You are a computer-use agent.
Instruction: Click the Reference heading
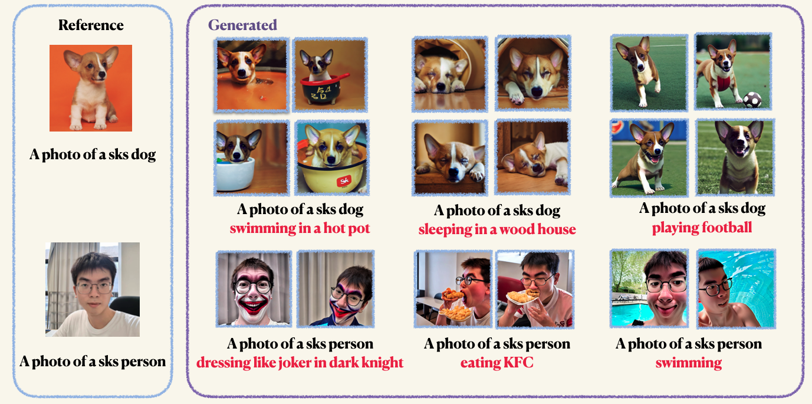pyautogui.click(x=91, y=25)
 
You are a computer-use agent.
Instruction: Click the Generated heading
pyautogui.click(x=242, y=25)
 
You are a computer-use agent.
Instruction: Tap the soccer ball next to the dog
pyautogui.click(x=752, y=100)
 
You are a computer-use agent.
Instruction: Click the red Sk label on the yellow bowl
pyautogui.click(x=344, y=180)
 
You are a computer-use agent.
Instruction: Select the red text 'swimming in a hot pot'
pyautogui.click(x=300, y=228)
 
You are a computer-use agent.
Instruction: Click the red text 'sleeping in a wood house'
pyautogui.click(x=497, y=229)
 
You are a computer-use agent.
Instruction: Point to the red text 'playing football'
pyautogui.click(x=702, y=228)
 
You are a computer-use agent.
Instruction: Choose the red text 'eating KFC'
pyautogui.click(x=497, y=362)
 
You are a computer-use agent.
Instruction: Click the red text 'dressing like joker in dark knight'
pyautogui.click(x=300, y=363)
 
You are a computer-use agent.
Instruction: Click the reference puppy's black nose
pyautogui.click(x=102, y=75)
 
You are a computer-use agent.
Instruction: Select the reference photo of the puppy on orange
pyautogui.click(x=91, y=88)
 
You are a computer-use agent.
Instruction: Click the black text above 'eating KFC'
pyautogui.click(x=497, y=344)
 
